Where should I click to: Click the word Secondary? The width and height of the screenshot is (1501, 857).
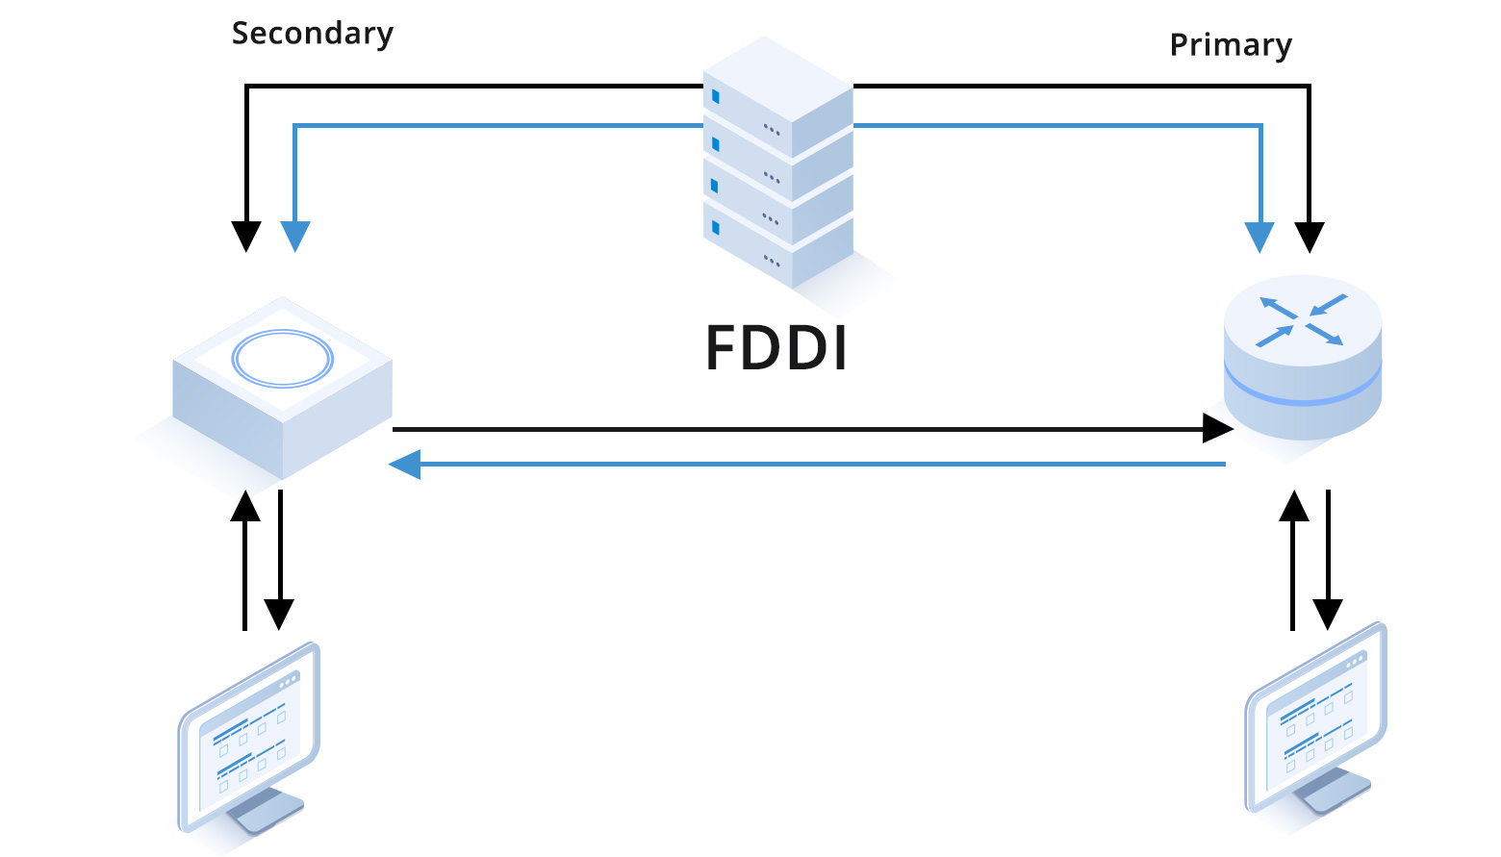coord(312,34)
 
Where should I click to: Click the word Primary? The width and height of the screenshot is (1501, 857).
coord(1230,45)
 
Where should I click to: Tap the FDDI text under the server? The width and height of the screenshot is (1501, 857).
coord(776,347)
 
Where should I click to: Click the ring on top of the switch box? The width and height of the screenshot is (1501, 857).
coord(282,359)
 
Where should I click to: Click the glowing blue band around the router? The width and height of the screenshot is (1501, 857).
coord(1302,390)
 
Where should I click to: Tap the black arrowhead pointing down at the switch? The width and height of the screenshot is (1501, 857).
coord(246,236)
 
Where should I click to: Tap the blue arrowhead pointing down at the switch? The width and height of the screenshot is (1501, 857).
coord(295,236)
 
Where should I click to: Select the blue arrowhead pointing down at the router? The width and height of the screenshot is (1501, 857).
coord(1259,237)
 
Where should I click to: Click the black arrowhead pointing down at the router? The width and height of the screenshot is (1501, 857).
coord(1309,237)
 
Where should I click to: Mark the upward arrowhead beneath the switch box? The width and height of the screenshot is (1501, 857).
coord(245,507)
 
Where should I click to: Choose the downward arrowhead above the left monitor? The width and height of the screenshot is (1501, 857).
coord(279,613)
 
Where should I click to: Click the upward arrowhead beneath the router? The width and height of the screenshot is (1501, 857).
coord(1294,507)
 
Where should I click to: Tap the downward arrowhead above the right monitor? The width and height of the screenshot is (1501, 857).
coord(1328,613)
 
